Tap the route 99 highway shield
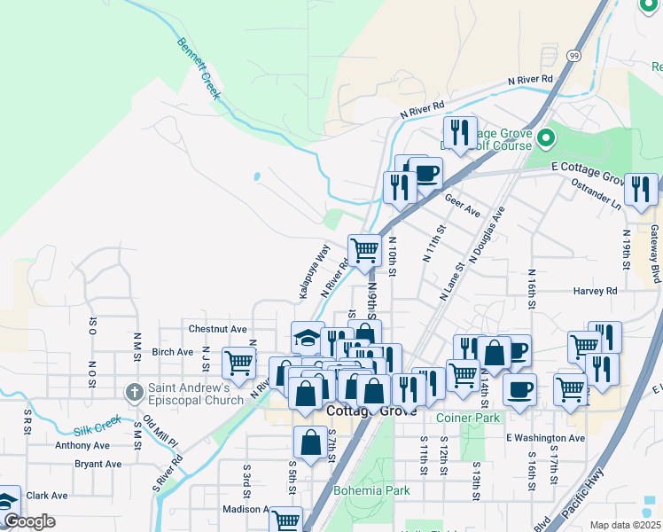click(573, 56)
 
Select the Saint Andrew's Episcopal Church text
click(189, 393)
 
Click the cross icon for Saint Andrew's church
click(134, 391)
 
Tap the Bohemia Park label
click(371, 489)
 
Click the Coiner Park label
click(469, 417)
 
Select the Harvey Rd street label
click(595, 291)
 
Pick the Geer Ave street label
click(462, 207)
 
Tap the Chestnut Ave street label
click(217, 328)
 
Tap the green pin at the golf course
click(547, 137)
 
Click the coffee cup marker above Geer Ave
click(425, 173)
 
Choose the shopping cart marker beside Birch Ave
click(238, 362)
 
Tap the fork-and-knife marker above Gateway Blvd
click(641, 189)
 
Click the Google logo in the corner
click(30, 521)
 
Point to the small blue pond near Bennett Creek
click(256, 176)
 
